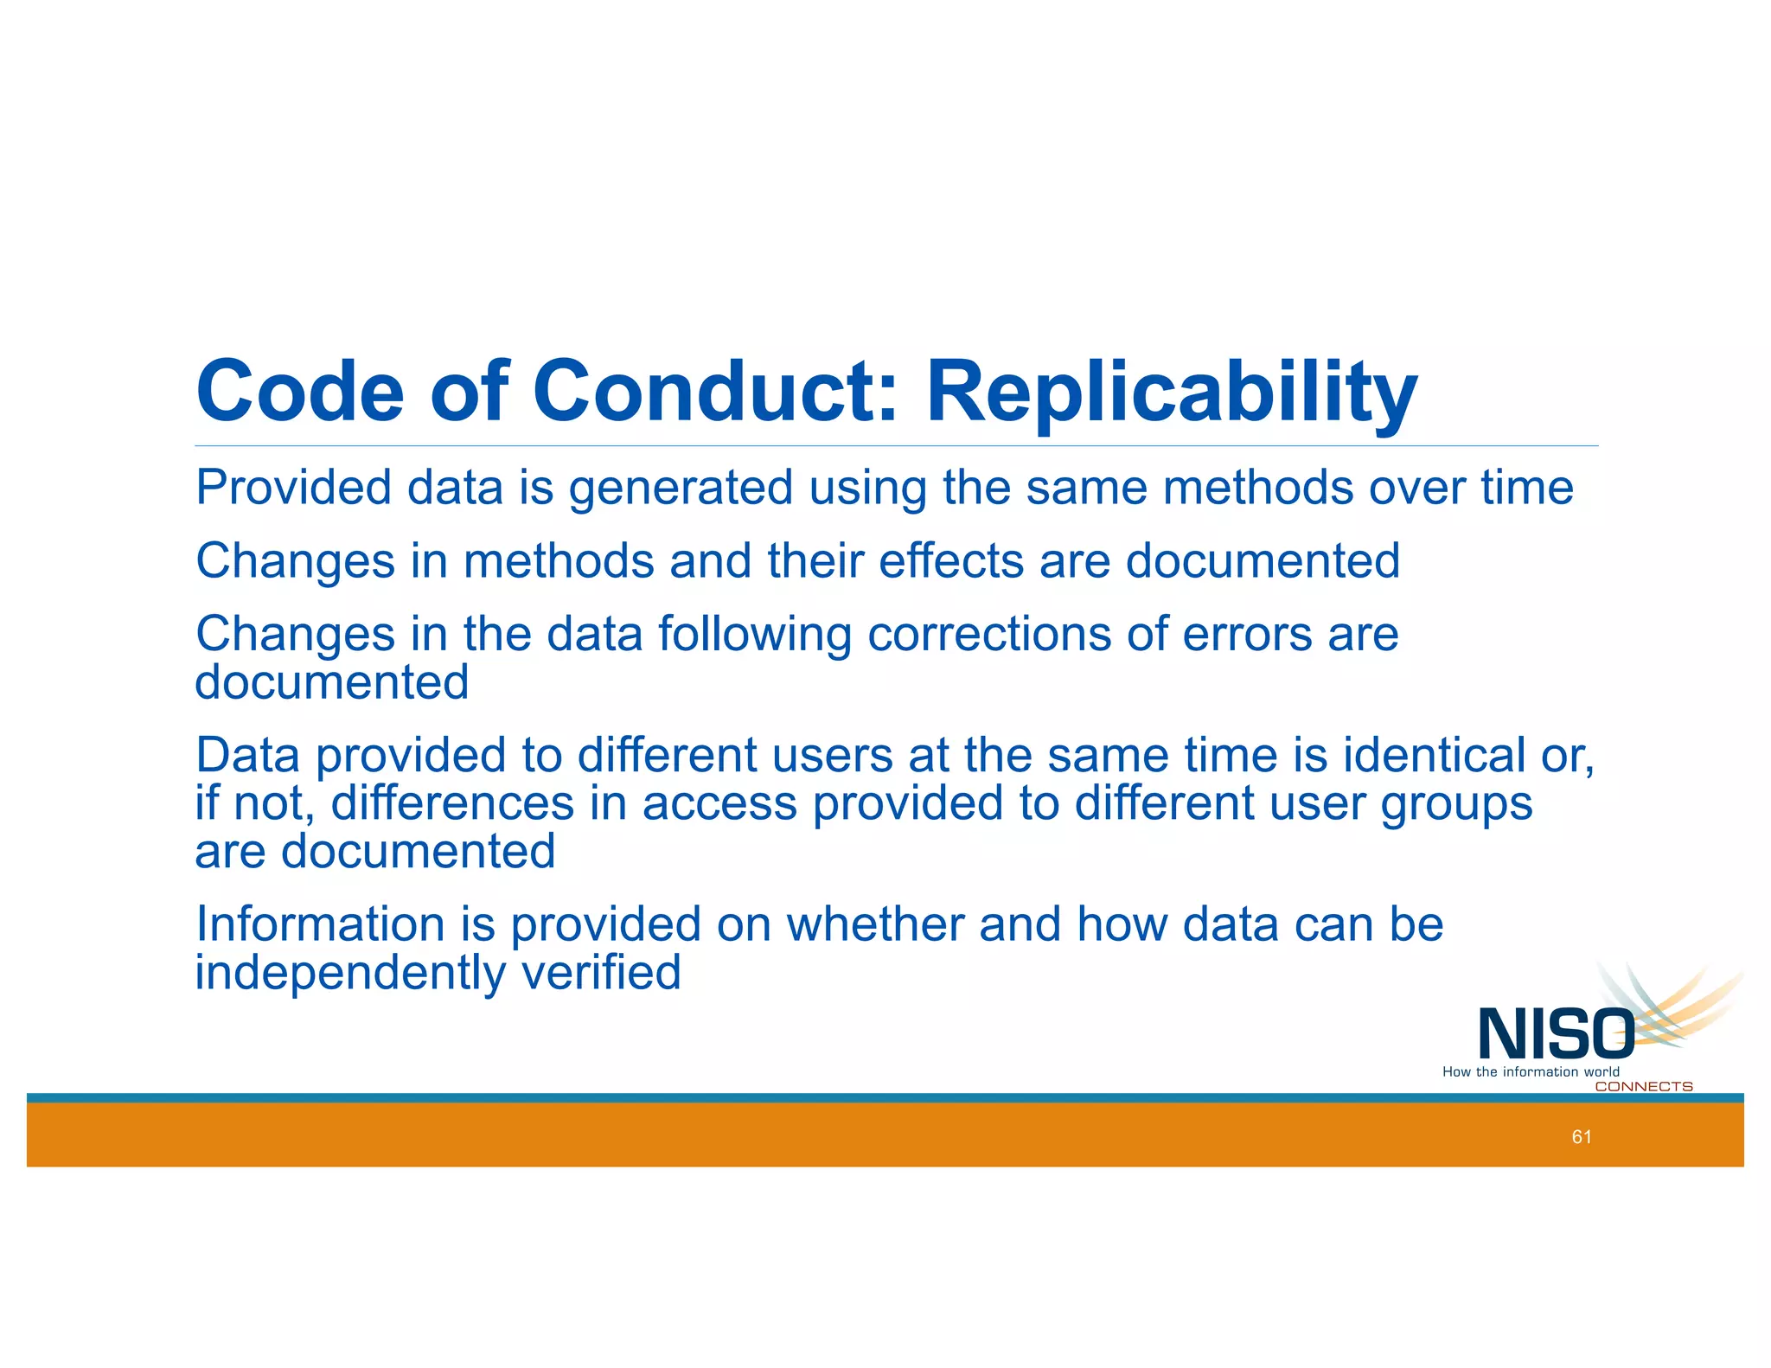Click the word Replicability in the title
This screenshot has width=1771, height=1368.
tap(1172, 393)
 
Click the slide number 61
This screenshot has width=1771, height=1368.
tap(1582, 1137)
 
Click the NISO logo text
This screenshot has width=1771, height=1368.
tap(1555, 1034)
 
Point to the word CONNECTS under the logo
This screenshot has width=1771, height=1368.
tap(1643, 1087)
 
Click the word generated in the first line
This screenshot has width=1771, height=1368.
tap(680, 489)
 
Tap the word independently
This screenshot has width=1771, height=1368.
tap(350, 973)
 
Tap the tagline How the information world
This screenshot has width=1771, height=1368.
tap(1530, 1072)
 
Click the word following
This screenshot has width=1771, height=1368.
tap(755, 636)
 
